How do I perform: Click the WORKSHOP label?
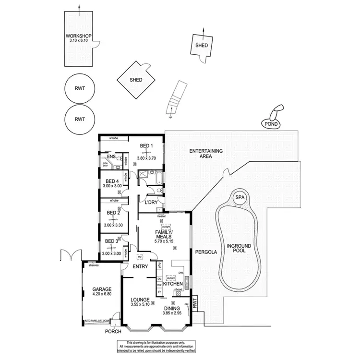tap(78, 36)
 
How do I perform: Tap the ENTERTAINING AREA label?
tap(206, 154)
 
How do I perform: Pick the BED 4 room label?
tap(112, 181)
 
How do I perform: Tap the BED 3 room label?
tap(111, 241)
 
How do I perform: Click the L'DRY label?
tap(151, 203)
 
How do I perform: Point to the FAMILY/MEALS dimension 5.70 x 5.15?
tap(164, 241)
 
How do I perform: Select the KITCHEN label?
tap(172, 284)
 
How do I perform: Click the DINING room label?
tap(171, 308)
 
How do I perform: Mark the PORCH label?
tap(114, 331)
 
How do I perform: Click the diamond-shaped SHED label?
tap(136, 80)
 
